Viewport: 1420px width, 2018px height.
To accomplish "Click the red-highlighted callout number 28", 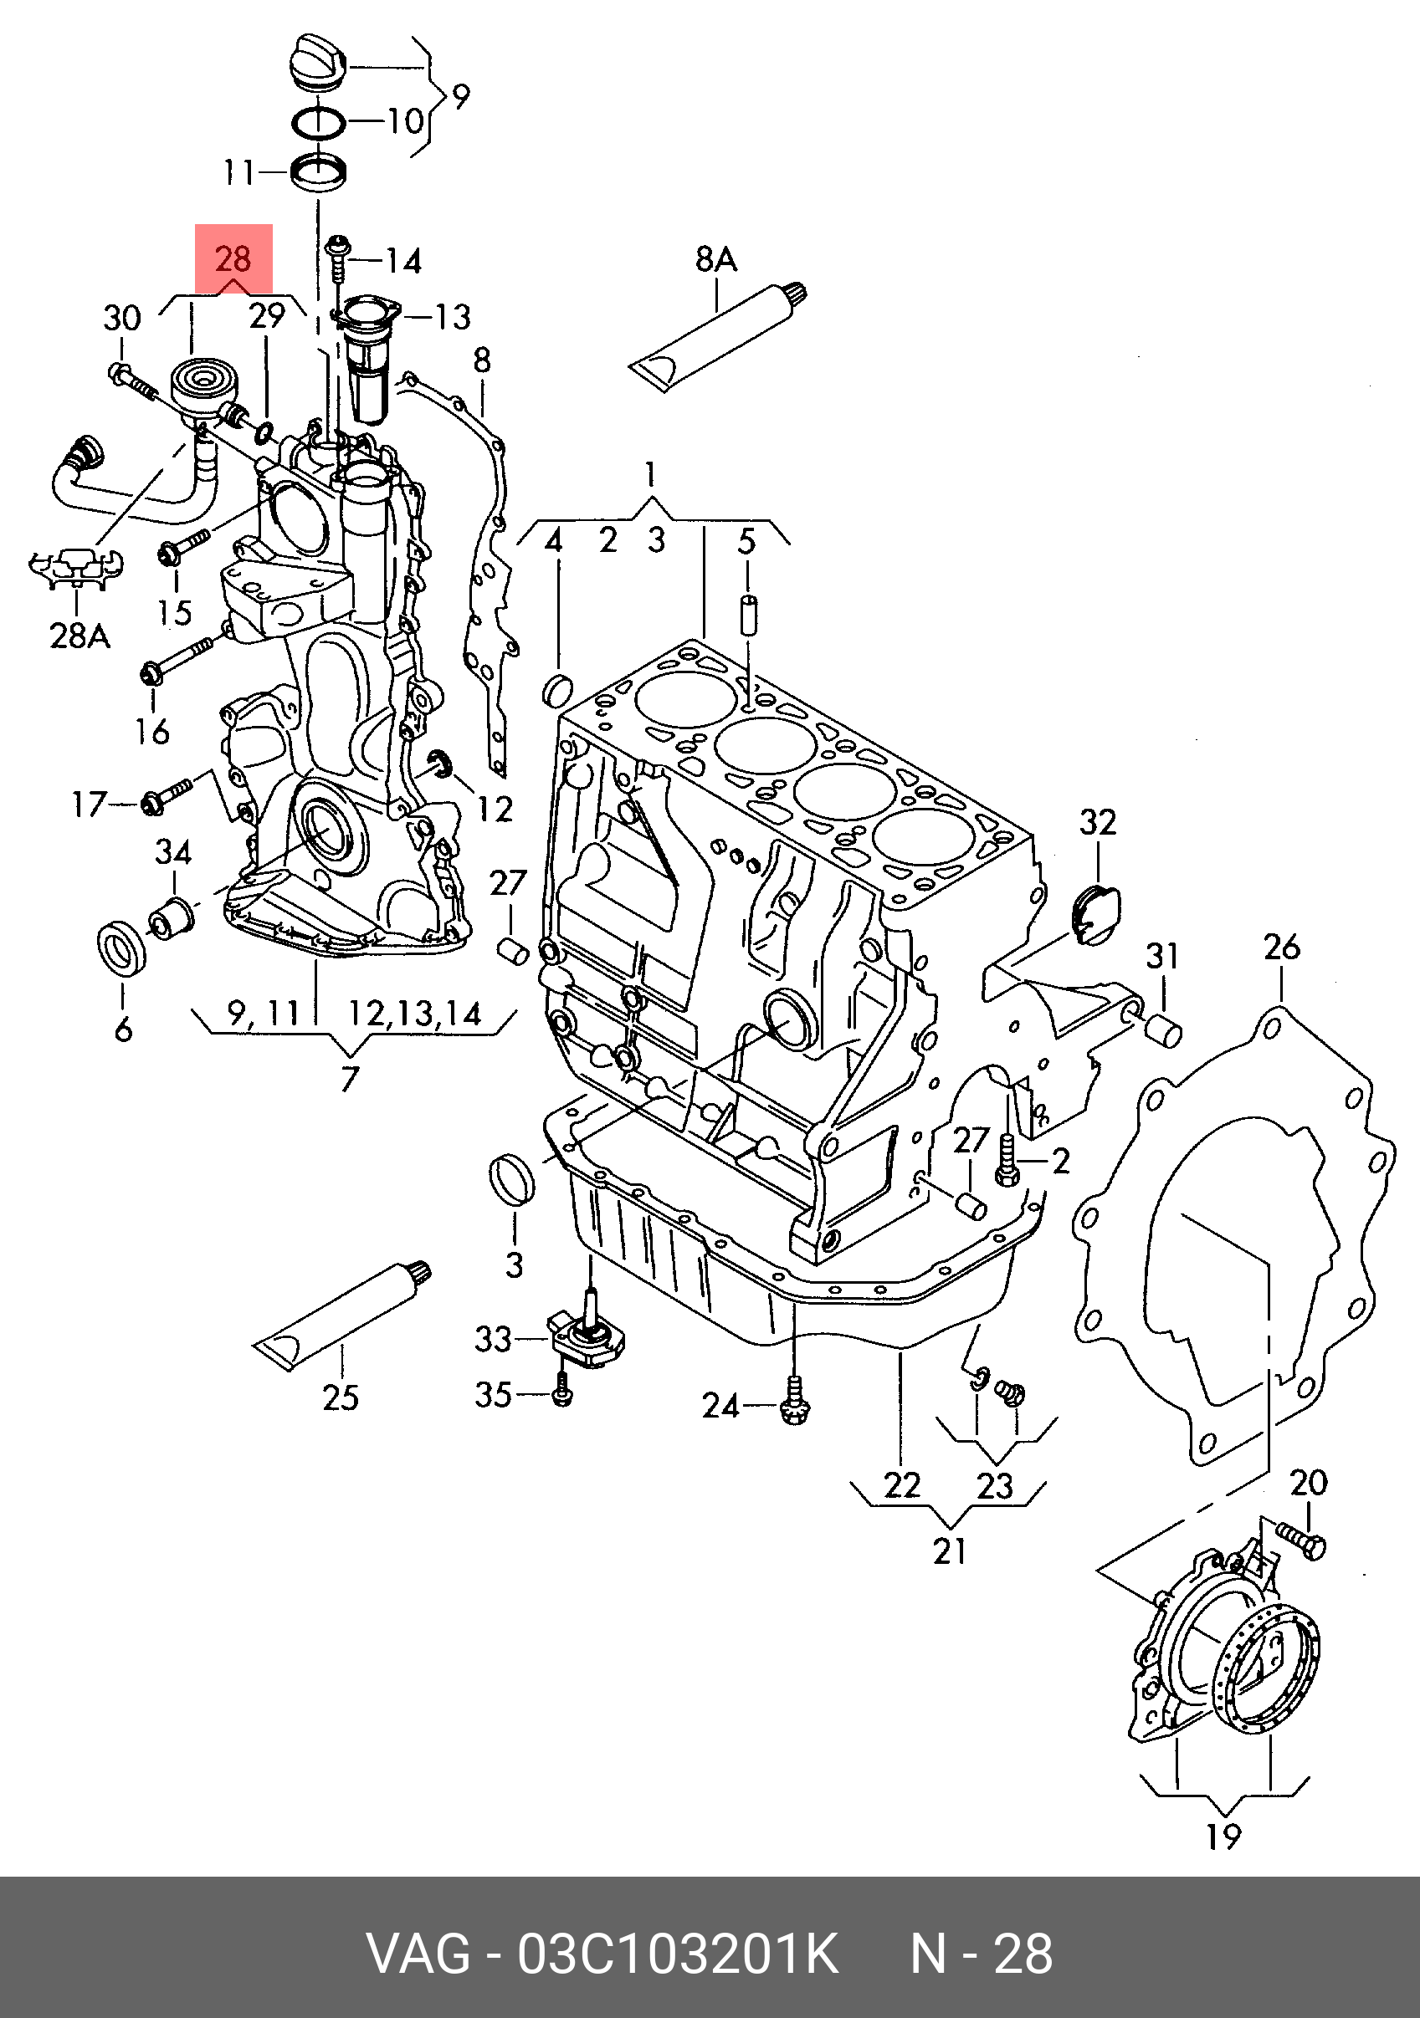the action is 233,258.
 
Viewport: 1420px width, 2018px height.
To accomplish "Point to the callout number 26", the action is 1281,947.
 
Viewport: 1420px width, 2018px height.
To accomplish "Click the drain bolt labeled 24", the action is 792,1407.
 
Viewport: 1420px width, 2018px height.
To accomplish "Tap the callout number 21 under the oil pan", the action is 950,1551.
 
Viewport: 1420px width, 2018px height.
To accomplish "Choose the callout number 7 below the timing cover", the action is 350,1077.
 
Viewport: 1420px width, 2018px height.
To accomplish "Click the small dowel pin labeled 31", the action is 1164,1030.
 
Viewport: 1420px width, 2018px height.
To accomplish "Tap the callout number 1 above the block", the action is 650,476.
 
